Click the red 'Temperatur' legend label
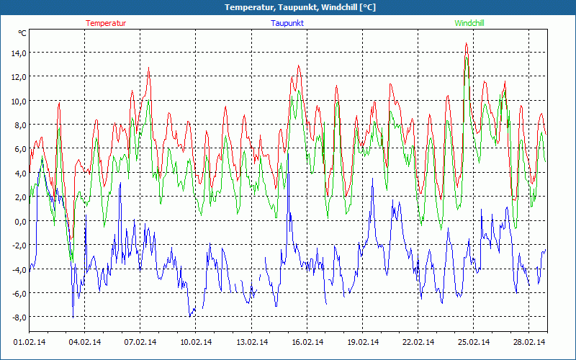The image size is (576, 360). point(106,23)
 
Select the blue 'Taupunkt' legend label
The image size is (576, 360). point(287,23)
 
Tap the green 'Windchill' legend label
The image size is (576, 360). point(469,23)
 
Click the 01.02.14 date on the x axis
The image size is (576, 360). point(30,343)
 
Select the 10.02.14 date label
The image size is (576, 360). point(195,343)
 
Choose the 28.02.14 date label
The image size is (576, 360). point(526,343)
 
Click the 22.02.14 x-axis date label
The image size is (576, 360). point(416,343)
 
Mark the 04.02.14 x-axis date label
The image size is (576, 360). point(85,343)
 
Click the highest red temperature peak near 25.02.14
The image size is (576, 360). point(466,44)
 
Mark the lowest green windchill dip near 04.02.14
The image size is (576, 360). point(71,260)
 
